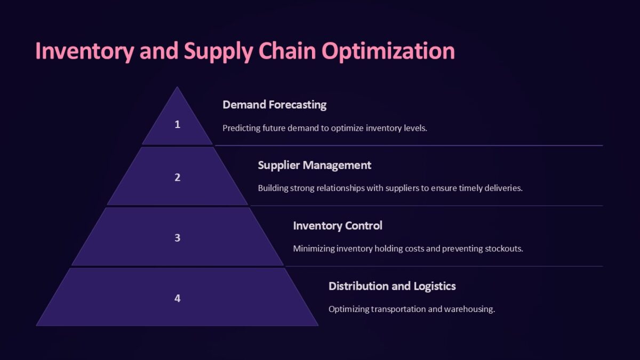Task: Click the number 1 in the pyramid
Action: click(177, 124)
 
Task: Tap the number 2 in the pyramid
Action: click(177, 178)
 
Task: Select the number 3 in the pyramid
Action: click(177, 238)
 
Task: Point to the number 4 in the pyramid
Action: click(177, 298)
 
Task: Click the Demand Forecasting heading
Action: click(274, 105)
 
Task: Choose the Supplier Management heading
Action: click(314, 165)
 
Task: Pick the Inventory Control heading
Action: click(337, 226)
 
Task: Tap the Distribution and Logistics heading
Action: click(392, 286)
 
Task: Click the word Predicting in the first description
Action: click(241, 128)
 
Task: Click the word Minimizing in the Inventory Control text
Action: click(314, 249)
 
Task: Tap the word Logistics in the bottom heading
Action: click(434, 286)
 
